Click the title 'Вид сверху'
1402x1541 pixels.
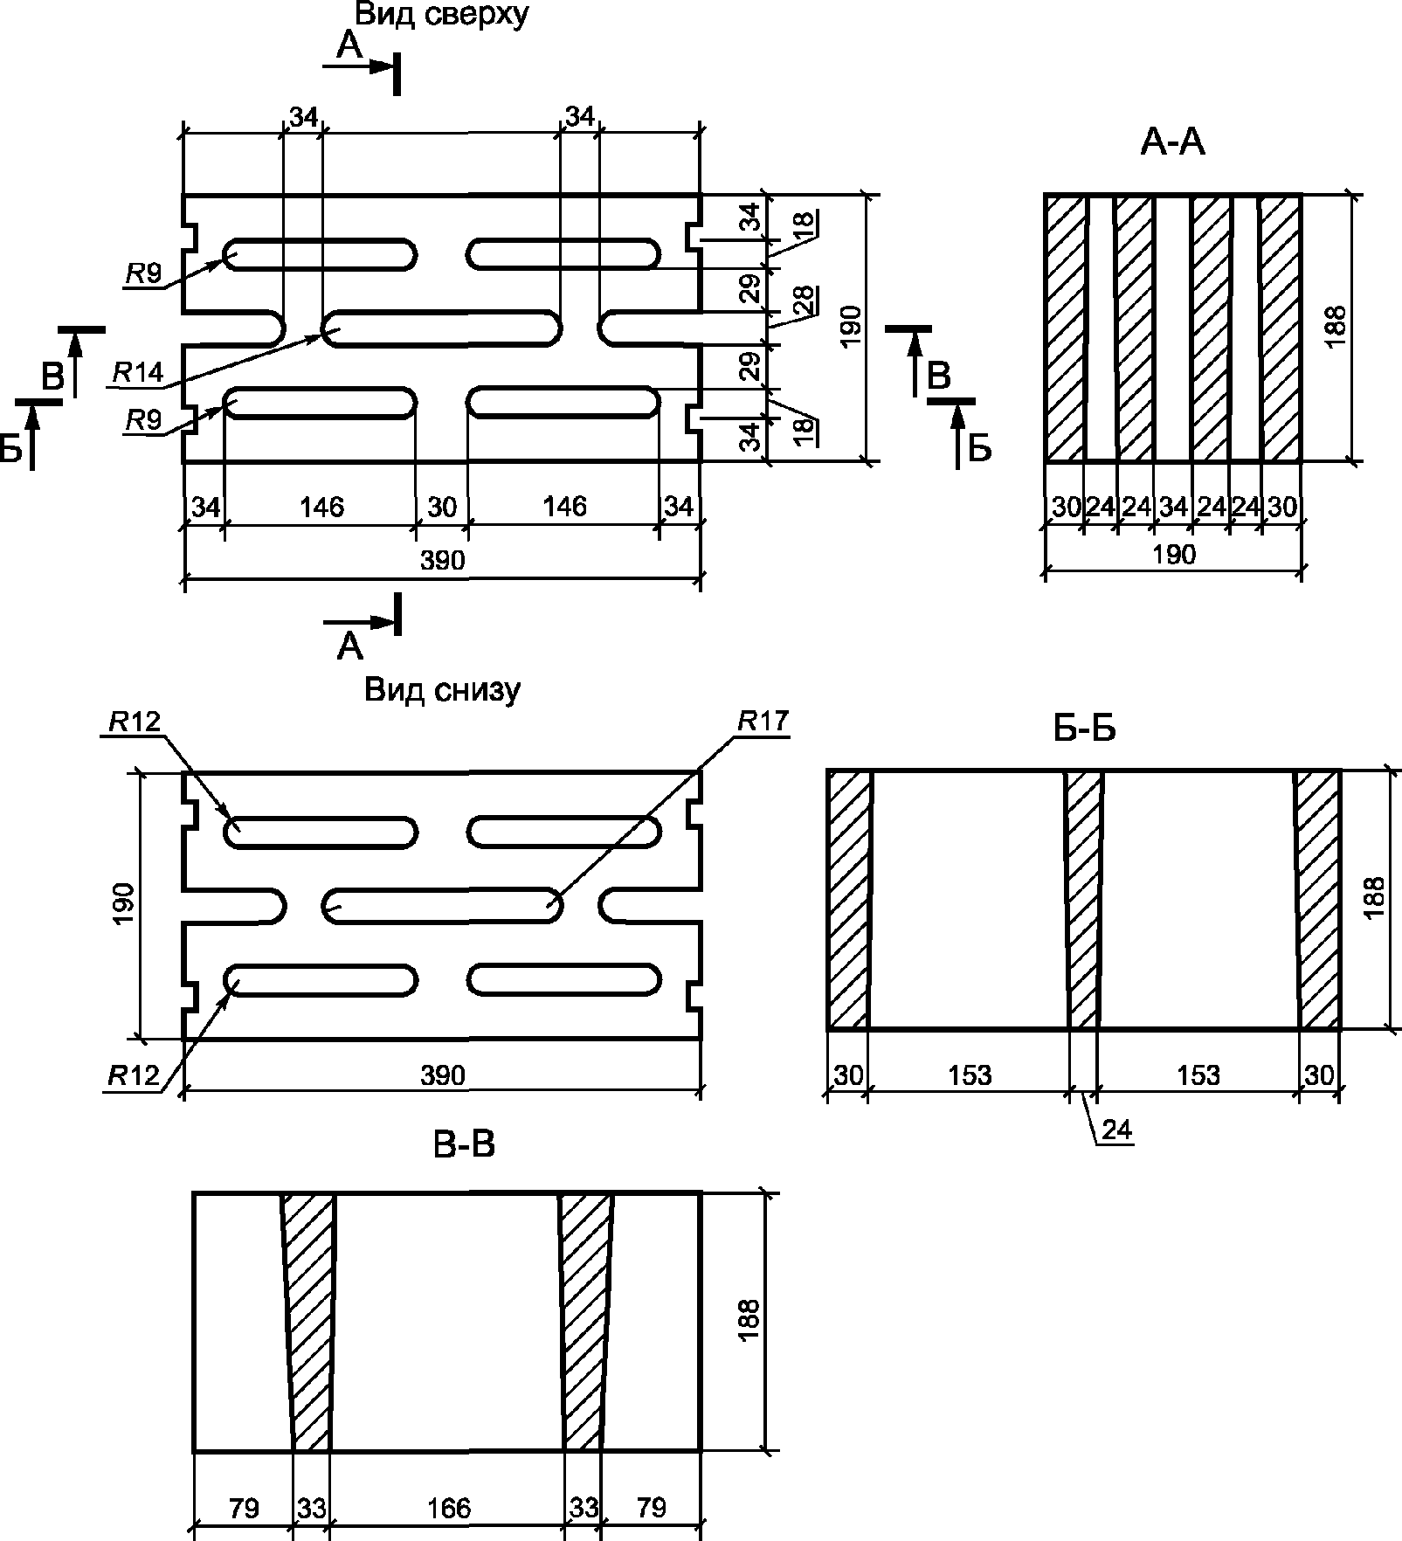440,15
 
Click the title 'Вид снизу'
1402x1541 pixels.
442,690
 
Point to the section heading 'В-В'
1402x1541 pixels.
464,1145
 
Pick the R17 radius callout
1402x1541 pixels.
763,722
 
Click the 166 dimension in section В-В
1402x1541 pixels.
449,1507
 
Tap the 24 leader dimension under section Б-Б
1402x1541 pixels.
1116,1130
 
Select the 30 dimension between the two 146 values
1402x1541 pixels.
442,507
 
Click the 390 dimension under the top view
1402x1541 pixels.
442,560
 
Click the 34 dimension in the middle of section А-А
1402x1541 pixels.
1173,508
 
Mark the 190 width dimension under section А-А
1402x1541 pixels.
1173,555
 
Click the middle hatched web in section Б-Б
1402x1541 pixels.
1084,900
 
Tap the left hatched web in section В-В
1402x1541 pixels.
308,1319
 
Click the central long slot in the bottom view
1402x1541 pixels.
442,906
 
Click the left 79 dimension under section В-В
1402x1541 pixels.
244,1507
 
